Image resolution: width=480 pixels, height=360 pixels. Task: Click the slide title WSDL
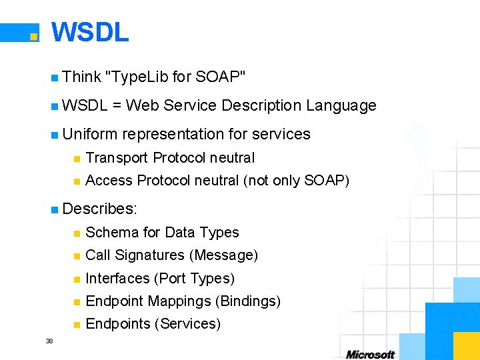(90, 32)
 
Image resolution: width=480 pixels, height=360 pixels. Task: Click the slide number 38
(49, 341)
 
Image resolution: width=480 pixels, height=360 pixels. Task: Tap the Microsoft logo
(370, 354)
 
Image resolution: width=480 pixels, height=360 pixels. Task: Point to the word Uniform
(89, 134)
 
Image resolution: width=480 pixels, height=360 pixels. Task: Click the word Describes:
(99, 209)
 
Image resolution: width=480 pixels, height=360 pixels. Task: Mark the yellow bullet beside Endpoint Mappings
(77, 302)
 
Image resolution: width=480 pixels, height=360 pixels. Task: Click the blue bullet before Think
(54, 78)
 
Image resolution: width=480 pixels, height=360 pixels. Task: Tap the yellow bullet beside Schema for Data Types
(77, 233)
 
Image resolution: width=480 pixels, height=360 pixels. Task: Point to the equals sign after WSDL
(117, 106)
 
